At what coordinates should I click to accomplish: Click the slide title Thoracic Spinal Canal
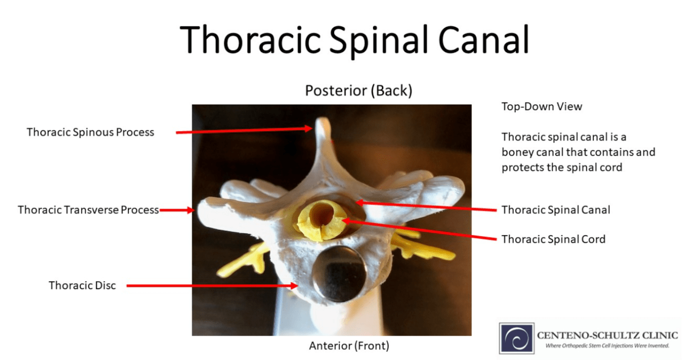pyautogui.click(x=354, y=40)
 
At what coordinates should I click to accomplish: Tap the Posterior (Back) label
pyautogui.click(x=358, y=91)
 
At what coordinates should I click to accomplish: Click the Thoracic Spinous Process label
pyautogui.click(x=90, y=132)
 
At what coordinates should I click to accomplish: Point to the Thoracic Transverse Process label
pyautogui.click(x=88, y=210)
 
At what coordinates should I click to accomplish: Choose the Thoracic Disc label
pyautogui.click(x=82, y=285)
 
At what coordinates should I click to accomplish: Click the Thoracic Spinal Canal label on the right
pyautogui.click(x=556, y=210)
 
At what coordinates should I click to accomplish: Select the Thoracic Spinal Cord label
pyautogui.click(x=553, y=239)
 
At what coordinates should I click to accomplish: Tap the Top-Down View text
pyautogui.click(x=542, y=107)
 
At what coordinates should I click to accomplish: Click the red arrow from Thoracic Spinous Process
pyautogui.click(x=244, y=130)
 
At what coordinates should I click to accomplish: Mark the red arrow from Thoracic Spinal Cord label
pyautogui.click(x=418, y=230)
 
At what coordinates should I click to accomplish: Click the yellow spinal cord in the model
pyautogui.click(x=319, y=219)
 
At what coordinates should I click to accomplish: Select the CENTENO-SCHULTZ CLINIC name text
pyautogui.click(x=607, y=335)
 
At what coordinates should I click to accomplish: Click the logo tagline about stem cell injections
pyautogui.click(x=607, y=346)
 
